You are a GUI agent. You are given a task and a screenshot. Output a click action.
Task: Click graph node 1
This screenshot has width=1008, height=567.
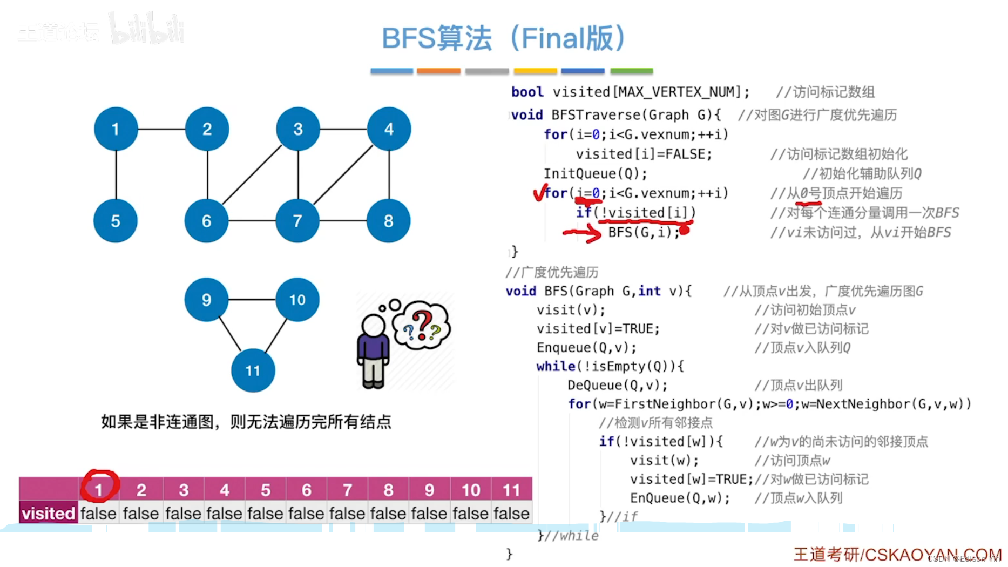point(116,129)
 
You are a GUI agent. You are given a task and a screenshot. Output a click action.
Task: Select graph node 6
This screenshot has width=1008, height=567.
point(206,220)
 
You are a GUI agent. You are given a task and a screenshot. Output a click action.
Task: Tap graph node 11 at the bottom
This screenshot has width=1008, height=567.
point(253,370)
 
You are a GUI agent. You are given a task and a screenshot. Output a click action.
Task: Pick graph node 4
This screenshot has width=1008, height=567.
point(389,129)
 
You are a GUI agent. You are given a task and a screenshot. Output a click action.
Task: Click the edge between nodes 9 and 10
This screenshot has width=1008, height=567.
point(252,299)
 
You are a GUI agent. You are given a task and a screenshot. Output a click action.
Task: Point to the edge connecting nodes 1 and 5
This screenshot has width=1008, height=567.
point(116,174)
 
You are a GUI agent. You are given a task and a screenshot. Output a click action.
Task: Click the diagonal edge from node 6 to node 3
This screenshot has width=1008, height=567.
point(252,174)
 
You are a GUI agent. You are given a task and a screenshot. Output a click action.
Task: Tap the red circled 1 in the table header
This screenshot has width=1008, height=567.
point(99,488)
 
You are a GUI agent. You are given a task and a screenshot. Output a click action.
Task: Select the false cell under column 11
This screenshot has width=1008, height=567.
point(511,513)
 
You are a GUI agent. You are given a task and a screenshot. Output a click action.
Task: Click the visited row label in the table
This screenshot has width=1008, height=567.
point(48,513)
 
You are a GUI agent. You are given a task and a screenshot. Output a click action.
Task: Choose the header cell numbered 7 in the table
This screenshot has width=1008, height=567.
point(347,490)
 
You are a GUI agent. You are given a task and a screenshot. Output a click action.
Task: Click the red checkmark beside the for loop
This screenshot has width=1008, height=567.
point(538,193)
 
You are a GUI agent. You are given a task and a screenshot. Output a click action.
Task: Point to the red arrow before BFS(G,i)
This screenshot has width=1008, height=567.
point(583,233)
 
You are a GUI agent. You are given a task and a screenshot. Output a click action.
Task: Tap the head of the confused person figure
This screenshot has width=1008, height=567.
point(373,325)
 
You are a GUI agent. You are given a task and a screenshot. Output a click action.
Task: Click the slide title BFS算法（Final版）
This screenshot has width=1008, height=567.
point(503,38)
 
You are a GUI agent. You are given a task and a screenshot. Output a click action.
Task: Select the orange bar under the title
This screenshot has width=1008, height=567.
point(438,71)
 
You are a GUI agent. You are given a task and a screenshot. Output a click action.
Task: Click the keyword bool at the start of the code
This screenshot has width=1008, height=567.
point(527,92)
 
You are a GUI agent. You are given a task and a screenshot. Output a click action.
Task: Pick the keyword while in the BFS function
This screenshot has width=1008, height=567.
point(556,367)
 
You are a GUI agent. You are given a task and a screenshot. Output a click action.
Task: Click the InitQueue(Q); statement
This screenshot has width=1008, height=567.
point(595,174)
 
